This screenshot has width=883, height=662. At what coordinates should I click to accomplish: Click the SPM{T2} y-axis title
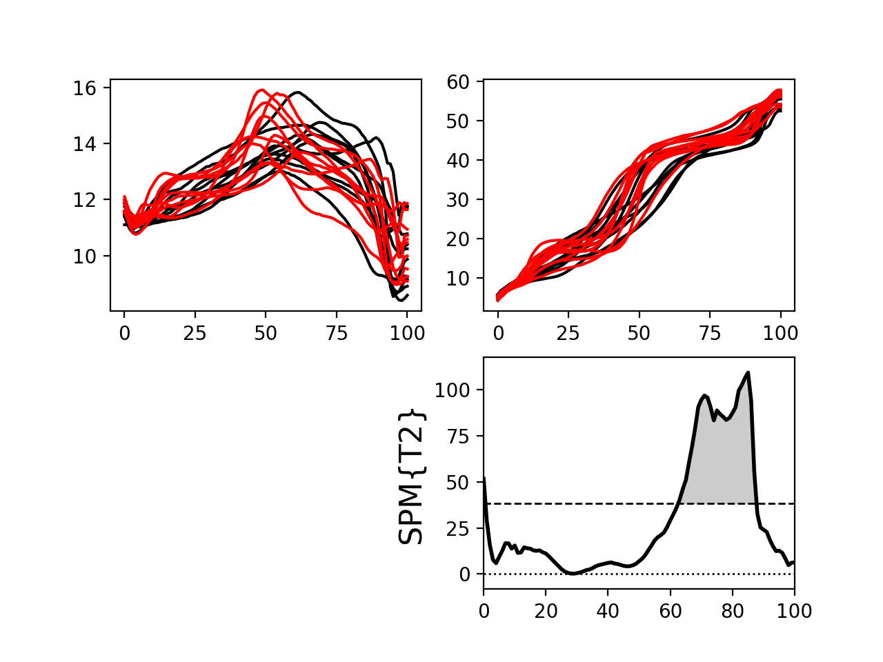(x=411, y=477)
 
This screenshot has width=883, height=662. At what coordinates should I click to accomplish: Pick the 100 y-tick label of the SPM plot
(x=452, y=390)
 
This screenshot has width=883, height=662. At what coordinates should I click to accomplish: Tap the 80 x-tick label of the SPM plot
(x=733, y=610)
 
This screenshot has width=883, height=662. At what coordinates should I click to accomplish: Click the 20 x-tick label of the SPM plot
(x=546, y=610)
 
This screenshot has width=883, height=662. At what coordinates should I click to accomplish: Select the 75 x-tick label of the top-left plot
(x=337, y=333)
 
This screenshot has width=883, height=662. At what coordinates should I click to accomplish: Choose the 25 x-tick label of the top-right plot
(x=568, y=333)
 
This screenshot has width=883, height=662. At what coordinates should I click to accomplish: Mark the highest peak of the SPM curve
(x=748, y=373)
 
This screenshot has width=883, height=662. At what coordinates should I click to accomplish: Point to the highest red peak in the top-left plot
(x=261, y=90)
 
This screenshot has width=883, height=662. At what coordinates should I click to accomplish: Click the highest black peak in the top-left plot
(x=297, y=92)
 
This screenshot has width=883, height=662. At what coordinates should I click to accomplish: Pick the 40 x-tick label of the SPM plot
(x=608, y=610)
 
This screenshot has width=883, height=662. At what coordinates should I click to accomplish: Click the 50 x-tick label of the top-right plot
(x=639, y=333)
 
